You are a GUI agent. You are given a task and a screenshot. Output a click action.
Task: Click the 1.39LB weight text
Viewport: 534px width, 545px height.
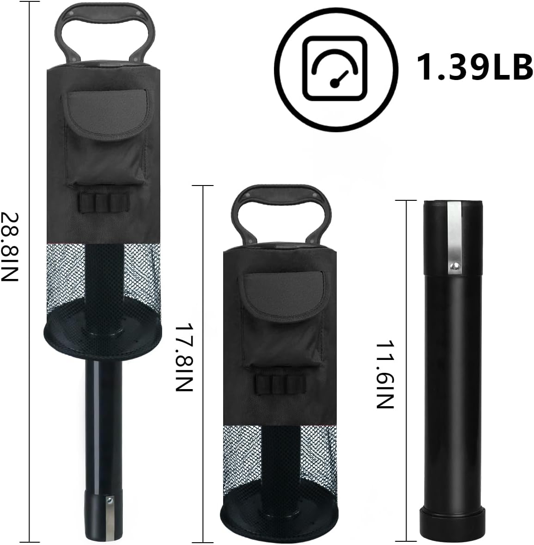coord(474,67)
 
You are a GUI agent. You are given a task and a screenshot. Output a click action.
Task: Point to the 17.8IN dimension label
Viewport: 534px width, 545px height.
coord(183,357)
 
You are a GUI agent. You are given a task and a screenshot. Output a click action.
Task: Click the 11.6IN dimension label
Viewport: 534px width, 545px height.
coord(384,375)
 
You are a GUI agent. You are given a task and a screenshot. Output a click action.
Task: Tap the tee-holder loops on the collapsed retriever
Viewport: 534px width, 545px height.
coord(280,384)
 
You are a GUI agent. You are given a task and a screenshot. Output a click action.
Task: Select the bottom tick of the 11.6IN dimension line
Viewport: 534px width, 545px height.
coord(406,540)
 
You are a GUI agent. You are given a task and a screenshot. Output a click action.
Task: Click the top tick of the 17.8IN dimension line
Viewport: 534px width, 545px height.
coord(202,186)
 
